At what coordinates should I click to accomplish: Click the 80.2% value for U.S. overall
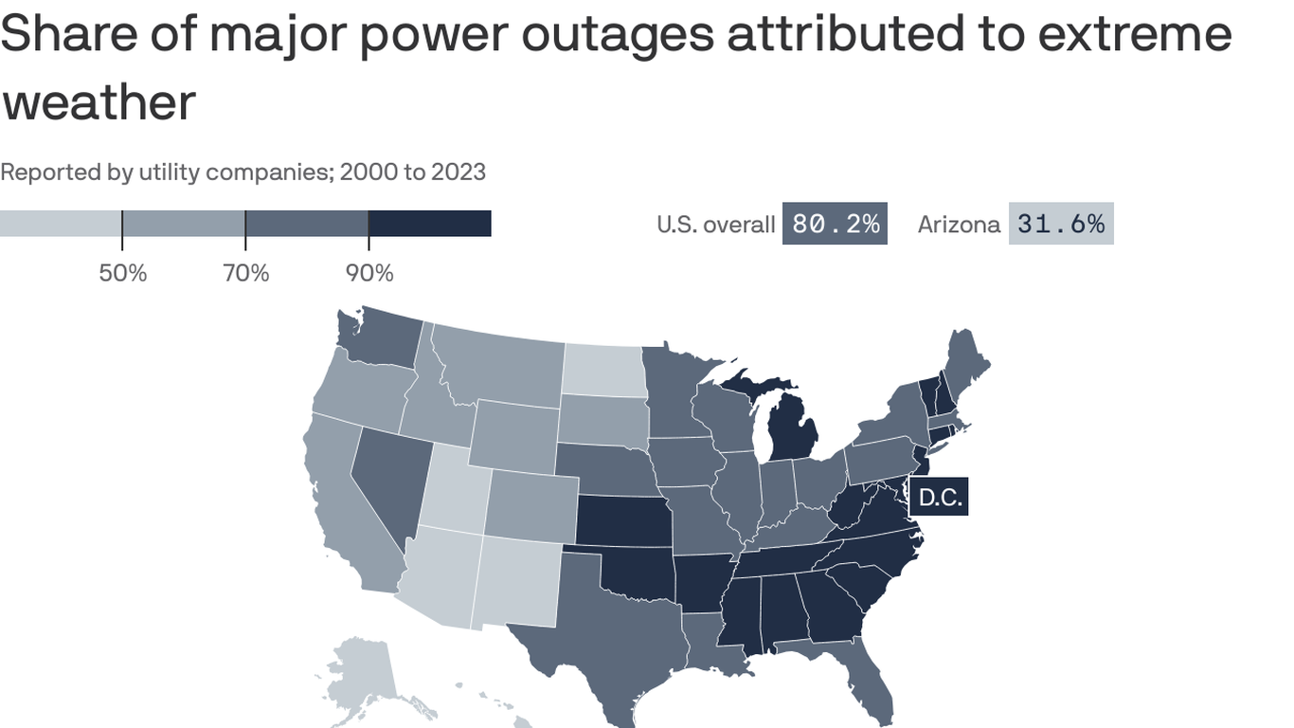[x=835, y=224]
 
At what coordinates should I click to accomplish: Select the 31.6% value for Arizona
[x=1060, y=224]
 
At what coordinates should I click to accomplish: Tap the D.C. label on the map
[x=940, y=498]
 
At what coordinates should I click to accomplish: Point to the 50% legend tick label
[x=123, y=274]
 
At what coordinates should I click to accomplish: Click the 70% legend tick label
[x=246, y=274]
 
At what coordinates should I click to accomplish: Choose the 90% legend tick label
[x=369, y=274]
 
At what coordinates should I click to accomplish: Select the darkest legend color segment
[x=429, y=224]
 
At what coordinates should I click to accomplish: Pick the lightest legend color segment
[x=61, y=224]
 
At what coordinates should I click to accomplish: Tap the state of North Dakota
[x=605, y=371]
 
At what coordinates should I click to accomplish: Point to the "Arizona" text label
[x=959, y=225]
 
